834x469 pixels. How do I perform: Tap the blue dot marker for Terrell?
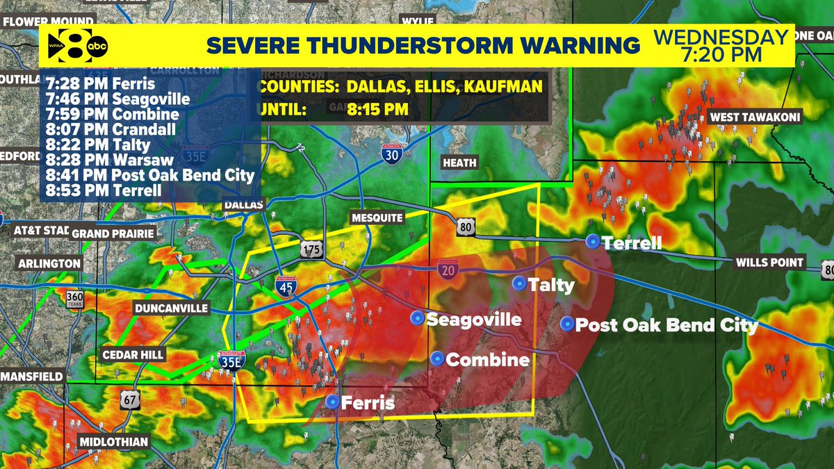592,241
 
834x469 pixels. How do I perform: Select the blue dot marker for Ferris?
333,402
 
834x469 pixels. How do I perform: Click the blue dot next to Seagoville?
416,318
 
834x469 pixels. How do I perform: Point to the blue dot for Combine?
437,359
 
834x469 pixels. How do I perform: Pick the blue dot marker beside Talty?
518,283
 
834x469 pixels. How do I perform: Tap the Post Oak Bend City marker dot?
567,324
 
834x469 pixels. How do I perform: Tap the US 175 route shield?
310,249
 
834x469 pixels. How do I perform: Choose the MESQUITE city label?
377,217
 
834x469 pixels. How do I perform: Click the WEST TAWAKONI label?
754,117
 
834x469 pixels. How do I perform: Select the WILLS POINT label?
771,263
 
